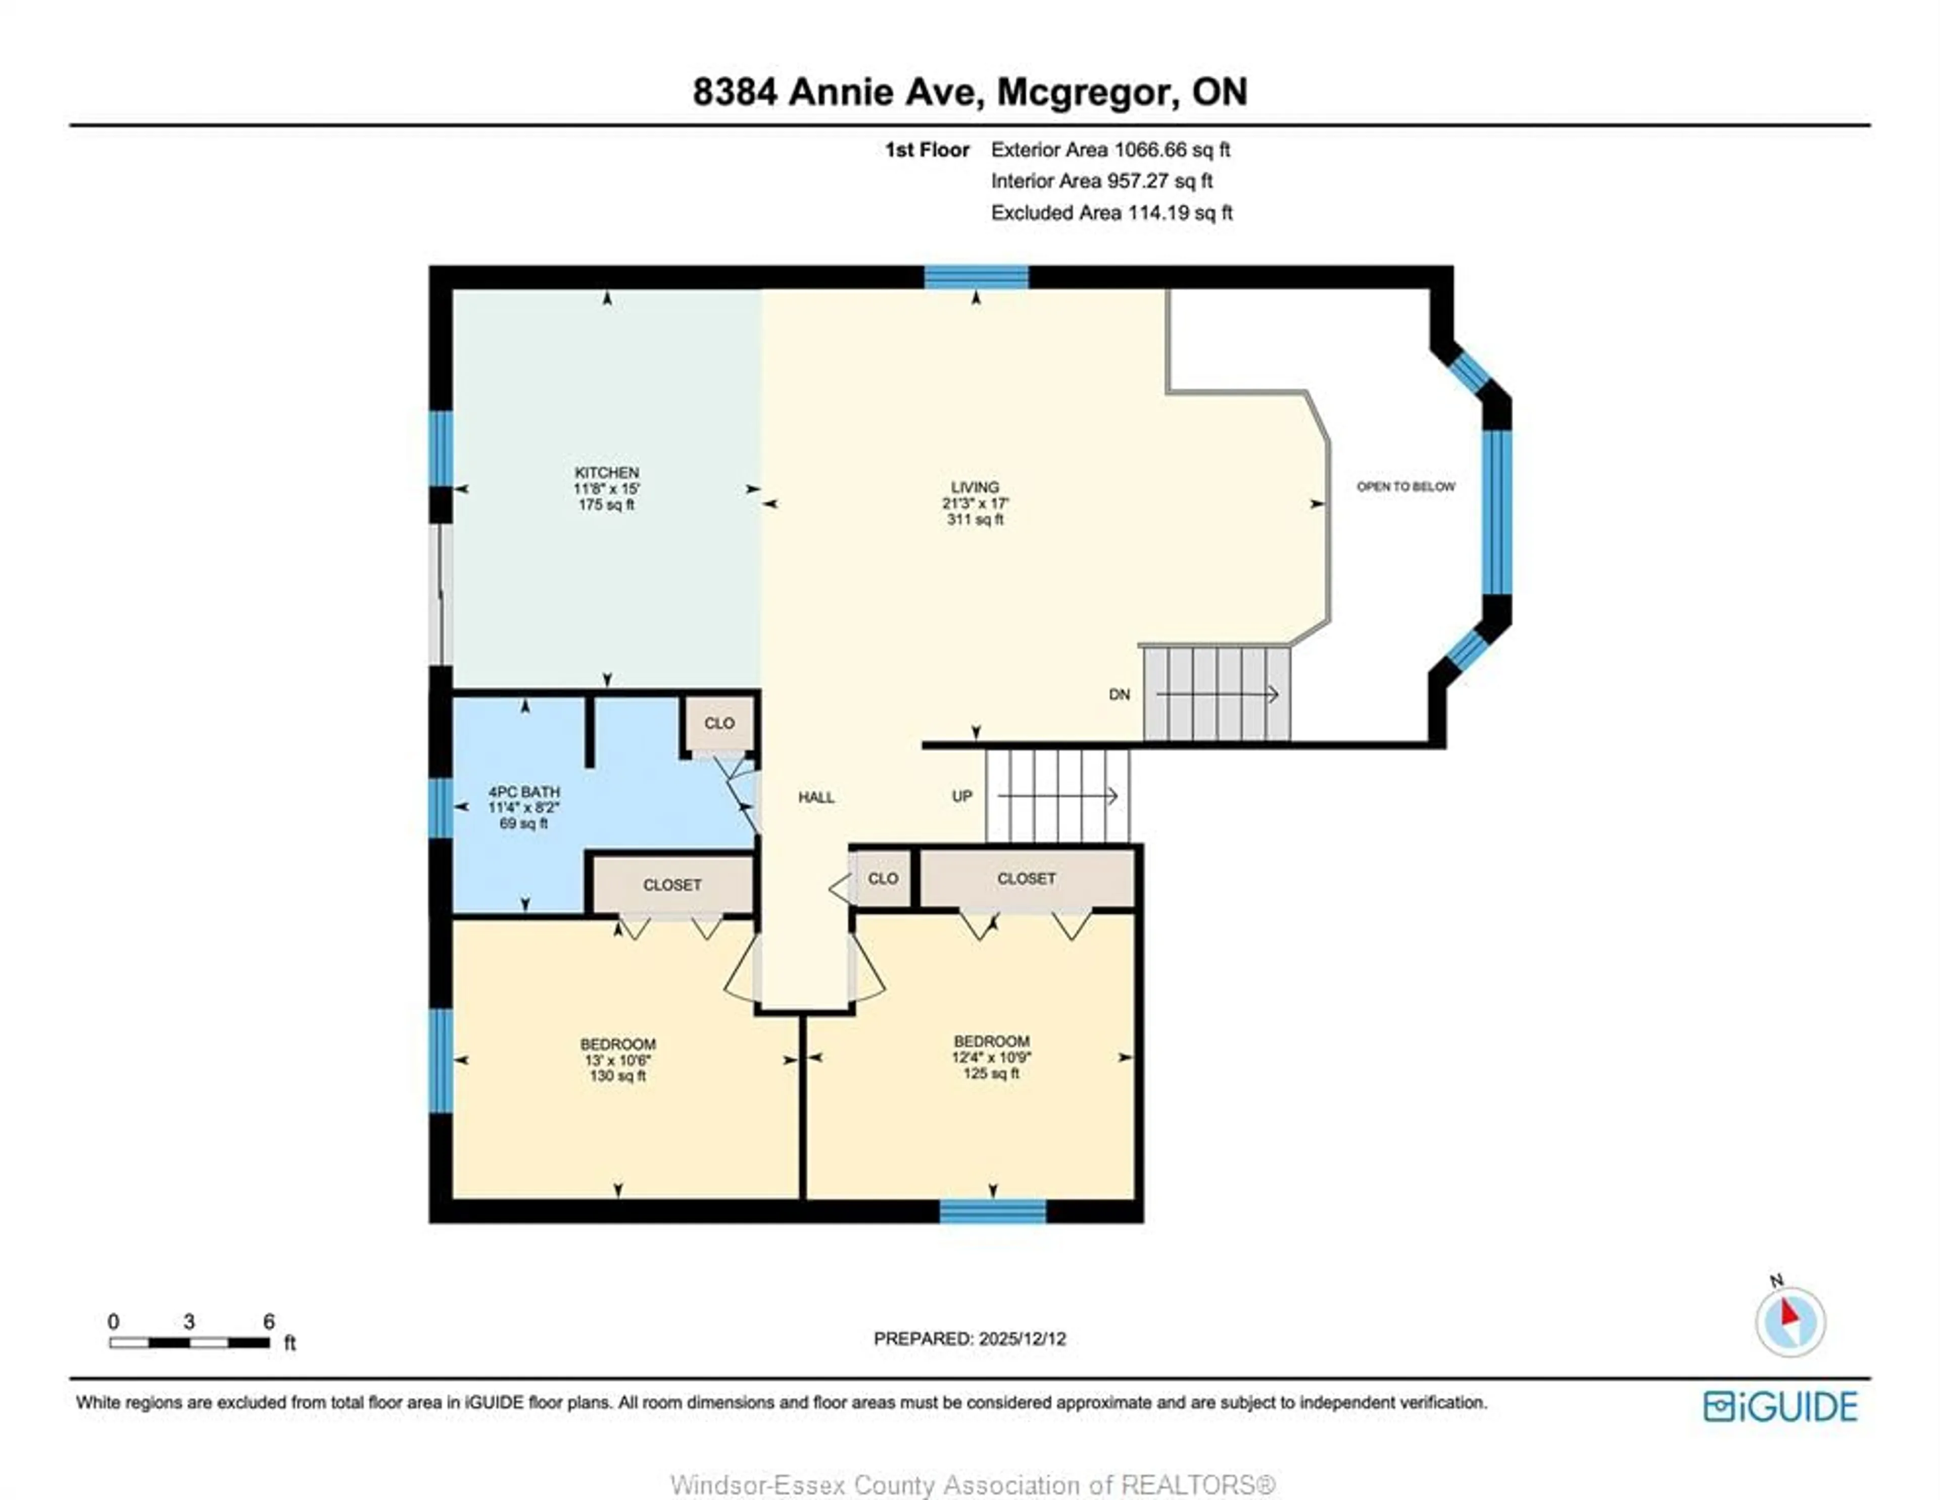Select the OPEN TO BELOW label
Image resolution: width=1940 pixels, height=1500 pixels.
tap(1405, 487)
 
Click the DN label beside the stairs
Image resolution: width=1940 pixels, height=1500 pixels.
tap(1119, 694)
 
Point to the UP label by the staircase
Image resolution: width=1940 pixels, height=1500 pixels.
tap(962, 796)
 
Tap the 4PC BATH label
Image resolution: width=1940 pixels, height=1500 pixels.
tap(524, 791)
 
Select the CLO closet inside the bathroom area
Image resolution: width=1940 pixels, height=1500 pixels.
tap(718, 723)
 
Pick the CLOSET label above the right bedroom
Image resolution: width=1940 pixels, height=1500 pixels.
tap(1026, 878)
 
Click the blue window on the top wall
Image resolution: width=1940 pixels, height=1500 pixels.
tap(976, 277)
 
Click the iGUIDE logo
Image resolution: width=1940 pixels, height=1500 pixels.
tap(1780, 1406)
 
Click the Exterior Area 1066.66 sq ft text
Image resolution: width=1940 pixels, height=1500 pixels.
tap(1110, 149)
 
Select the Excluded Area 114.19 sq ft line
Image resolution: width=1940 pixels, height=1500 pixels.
tap(1111, 212)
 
